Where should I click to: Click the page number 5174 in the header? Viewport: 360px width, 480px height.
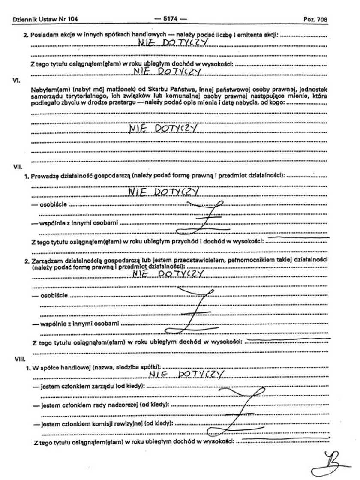(x=172, y=19)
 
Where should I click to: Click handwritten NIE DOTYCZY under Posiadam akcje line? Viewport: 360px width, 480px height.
(x=172, y=42)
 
